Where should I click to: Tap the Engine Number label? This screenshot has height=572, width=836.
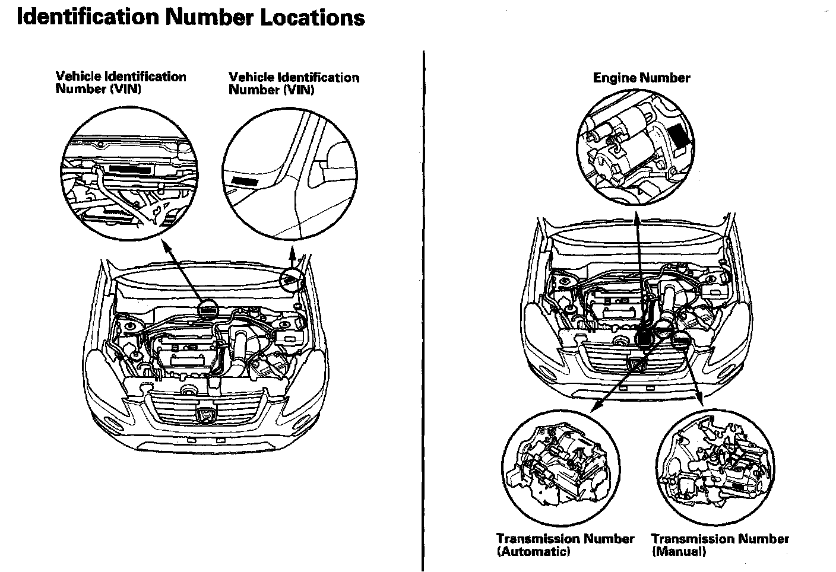pos(641,78)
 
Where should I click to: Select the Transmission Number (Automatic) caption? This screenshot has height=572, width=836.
pos(565,545)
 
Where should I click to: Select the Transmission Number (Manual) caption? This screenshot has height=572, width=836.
pos(720,545)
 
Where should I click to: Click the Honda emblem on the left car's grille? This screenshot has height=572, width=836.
pos(205,414)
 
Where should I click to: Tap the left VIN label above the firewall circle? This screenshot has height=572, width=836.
pos(121,82)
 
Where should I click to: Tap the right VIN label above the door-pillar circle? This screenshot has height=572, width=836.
pos(294,83)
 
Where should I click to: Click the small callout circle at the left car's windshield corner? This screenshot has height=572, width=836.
pos(292,279)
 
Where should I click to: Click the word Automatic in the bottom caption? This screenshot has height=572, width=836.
pos(533,551)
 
